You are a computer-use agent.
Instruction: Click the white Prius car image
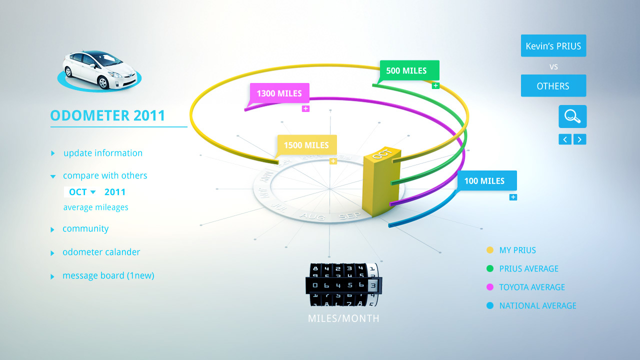click(98, 70)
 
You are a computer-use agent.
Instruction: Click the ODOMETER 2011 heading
click(107, 115)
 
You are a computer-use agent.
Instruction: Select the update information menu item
click(102, 153)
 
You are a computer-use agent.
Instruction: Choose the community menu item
click(85, 228)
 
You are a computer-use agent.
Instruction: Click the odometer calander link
click(101, 252)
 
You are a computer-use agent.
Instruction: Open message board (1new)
click(108, 275)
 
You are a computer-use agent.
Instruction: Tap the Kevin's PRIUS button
click(553, 46)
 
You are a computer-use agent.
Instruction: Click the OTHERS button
click(553, 86)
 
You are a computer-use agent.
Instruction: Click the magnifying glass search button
click(572, 116)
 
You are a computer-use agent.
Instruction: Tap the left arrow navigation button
click(565, 139)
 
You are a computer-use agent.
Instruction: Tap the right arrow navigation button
click(579, 139)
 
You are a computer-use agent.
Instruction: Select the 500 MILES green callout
click(409, 70)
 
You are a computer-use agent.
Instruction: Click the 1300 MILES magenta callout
click(279, 93)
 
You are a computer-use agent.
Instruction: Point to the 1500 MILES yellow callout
click(306, 145)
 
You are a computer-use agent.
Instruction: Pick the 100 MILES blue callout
click(486, 180)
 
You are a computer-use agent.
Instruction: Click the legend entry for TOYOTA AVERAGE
click(531, 287)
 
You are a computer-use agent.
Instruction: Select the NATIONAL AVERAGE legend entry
click(537, 305)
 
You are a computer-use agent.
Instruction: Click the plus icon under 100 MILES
click(513, 197)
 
